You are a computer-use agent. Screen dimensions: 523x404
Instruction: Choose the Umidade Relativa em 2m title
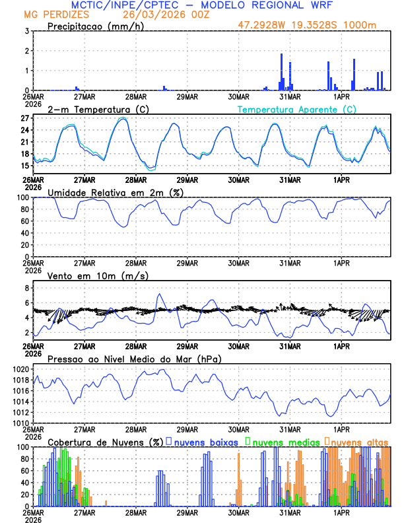coord(116,192)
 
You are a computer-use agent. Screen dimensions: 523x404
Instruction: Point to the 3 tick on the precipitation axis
coord(26,31)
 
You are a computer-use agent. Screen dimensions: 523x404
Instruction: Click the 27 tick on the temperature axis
coord(24,118)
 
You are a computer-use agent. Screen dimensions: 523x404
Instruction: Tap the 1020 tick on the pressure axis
coord(21,369)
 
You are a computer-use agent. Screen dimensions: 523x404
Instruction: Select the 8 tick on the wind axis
coord(26,288)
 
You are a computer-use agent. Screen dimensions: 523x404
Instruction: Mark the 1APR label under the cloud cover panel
coord(341,512)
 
